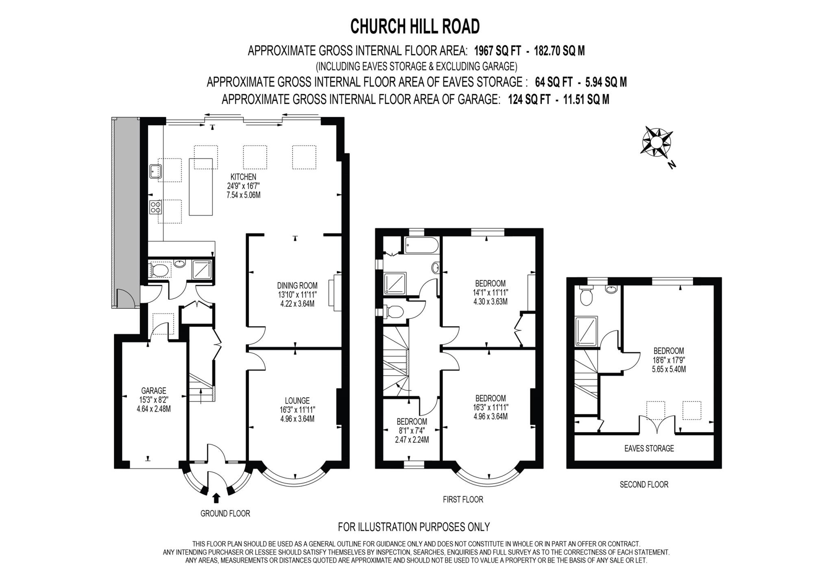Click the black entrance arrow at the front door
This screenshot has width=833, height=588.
pos(216,498)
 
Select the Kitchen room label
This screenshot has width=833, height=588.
pos(243,177)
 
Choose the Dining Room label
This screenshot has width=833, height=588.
pos(297,285)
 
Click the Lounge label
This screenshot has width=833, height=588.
pos(297,401)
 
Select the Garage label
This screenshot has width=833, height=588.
pos(154,391)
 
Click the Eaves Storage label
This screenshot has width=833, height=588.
pos(649,448)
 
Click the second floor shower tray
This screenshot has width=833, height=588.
pos(587,331)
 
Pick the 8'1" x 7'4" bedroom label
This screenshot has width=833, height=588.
pos(412,430)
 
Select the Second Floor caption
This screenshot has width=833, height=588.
pos(644,484)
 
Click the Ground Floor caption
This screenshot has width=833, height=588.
pos(225,513)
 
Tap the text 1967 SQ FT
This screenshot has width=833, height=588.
pos(497,51)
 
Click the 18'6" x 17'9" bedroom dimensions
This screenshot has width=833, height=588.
pos(669,360)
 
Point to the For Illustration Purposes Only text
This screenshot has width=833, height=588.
pos(414,527)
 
